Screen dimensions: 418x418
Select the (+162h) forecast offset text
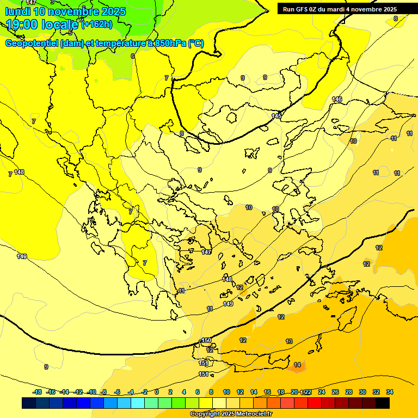tap(97, 24)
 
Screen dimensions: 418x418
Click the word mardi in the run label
tap(339, 9)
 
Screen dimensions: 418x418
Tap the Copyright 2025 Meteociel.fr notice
tap(231, 414)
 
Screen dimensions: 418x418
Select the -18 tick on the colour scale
tap(38, 392)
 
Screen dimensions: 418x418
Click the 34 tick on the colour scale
tap(390, 392)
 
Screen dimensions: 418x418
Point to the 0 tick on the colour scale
tap(157, 392)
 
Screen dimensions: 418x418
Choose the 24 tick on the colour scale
tap(322, 392)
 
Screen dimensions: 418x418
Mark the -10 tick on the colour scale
tap(92, 392)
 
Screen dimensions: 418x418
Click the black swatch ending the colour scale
tap(383, 403)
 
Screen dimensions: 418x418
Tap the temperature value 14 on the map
tap(297, 365)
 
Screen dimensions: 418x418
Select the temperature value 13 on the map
tap(289, 341)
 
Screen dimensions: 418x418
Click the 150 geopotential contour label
tap(206, 340)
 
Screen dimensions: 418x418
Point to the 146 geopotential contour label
tap(337, 99)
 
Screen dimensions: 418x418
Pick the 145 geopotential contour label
tap(276, 116)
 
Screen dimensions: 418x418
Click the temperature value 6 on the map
tap(133, 56)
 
